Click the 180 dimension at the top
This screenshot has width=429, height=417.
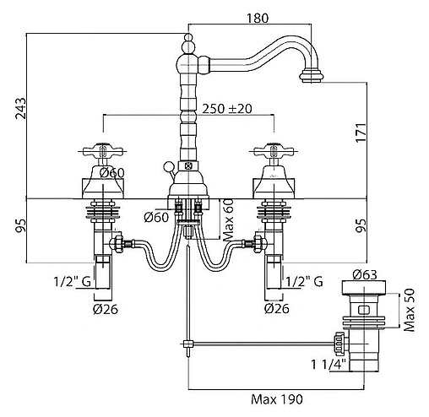258,19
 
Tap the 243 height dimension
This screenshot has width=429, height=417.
20,108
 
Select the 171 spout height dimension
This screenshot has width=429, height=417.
361,133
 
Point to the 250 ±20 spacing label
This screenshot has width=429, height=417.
227,109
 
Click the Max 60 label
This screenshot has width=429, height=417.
229,219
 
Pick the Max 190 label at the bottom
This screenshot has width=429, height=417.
277,399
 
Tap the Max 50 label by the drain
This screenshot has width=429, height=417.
409,310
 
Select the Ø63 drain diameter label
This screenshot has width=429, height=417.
364,274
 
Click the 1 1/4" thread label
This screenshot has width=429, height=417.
328,365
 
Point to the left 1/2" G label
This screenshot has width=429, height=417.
73,281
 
